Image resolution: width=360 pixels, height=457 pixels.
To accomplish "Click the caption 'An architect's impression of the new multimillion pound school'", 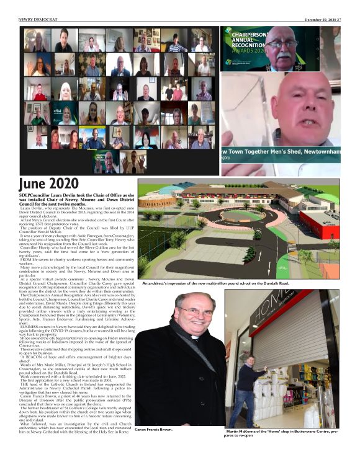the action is click(x=215, y=283).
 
